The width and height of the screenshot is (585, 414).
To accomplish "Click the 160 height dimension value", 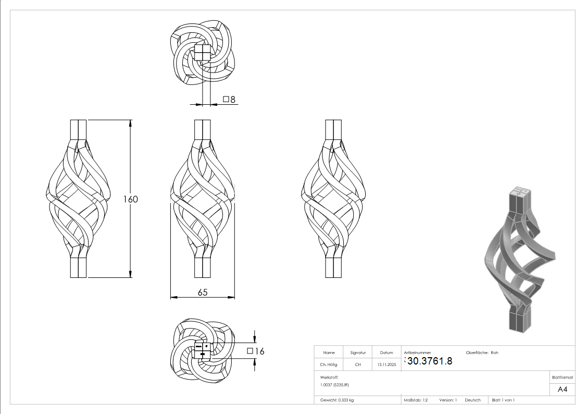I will click(131, 199).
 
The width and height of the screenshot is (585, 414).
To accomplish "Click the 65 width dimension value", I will click(203, 293).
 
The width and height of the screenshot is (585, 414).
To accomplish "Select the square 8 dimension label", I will click(229, 99).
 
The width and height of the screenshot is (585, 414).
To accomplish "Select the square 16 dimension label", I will click(256, 351).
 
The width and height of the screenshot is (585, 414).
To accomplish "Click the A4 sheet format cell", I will click(562, 389).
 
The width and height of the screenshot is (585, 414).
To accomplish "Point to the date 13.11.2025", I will click(387, 364).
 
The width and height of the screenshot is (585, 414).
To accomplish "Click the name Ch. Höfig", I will click(329, 364).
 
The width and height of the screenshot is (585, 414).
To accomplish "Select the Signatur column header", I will click(358, 353).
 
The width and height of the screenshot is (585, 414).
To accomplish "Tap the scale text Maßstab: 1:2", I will click(416, 400).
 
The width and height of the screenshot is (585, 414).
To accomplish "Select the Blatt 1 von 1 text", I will click(503, 400).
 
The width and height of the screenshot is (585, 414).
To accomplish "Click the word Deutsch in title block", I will click(472, 400).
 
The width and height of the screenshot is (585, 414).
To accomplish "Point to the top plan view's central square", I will click(202, 53).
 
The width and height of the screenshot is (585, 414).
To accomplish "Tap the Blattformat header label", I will click(562, 377).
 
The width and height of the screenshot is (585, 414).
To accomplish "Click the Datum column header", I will click(387, 353).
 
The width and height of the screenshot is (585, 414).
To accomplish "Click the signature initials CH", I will click(358, 364).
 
